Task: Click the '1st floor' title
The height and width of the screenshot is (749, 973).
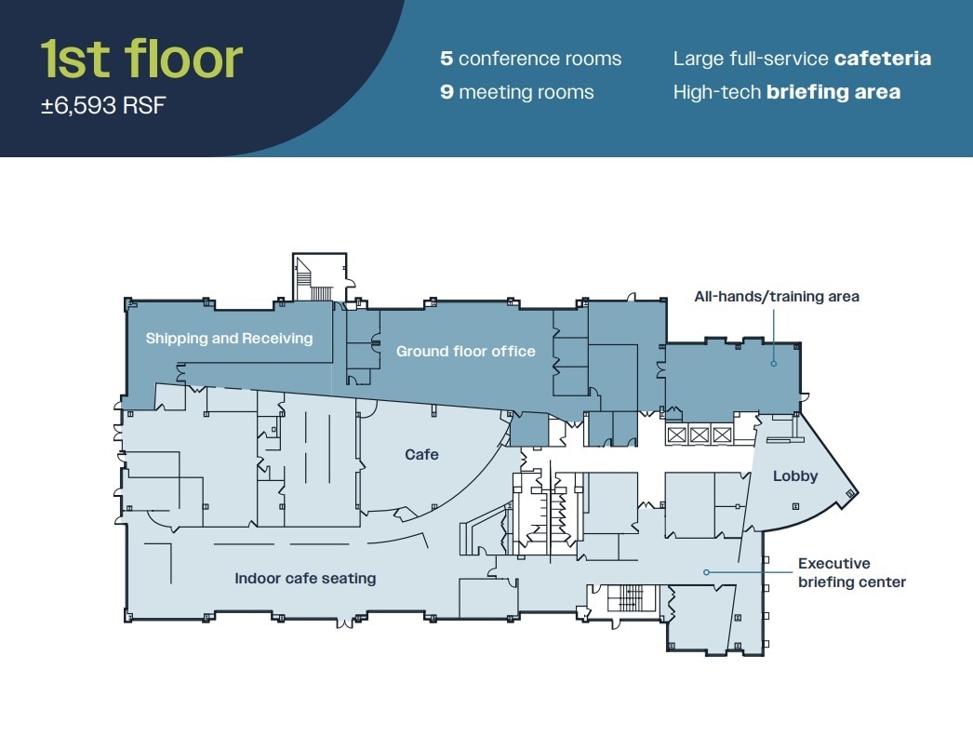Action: [x=141, y=59]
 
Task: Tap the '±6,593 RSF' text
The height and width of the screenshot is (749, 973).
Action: [x=102, y=105]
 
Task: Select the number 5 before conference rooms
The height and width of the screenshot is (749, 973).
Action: [x=447, y=59]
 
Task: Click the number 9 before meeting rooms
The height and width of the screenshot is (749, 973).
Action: [x=447, y=92]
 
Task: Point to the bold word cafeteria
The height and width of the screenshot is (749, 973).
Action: [x=883, y=59]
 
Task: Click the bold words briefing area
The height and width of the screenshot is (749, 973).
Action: [x=833, y=92]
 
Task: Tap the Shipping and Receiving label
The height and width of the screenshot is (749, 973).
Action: [x=229, y=339]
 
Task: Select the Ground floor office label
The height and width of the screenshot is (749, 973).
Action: [x=465, y=351]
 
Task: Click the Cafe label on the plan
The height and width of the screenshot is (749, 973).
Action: [x=421, y=455]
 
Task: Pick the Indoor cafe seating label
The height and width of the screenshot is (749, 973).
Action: [x=305, y=578]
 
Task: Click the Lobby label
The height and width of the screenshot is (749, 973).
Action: [x=795, y=476]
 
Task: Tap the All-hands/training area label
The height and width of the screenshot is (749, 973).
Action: [x=777, y=297]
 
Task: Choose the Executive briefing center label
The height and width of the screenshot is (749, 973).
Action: [x=851, y=573]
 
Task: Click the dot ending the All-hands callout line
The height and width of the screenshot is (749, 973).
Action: [x=773, y=364]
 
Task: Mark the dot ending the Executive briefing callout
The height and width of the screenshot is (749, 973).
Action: [x=706, y=572]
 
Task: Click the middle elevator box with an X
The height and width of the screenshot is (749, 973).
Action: [x=698, y=434]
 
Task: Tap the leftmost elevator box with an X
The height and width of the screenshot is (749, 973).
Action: [x=674, y=434]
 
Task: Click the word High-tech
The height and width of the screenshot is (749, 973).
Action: [x=716, y=92]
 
